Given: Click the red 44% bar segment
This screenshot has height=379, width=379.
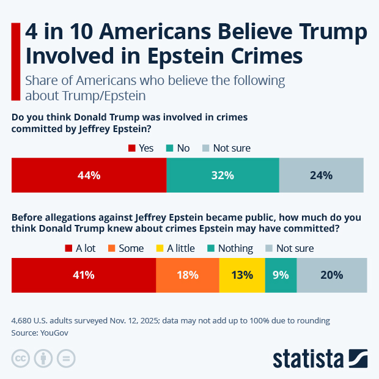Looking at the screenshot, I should point(89,175).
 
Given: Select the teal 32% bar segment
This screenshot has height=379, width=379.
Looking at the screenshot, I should point(223,175).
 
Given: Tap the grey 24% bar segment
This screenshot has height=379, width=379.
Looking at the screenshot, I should point(321,175).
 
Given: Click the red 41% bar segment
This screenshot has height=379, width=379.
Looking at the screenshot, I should point(84,275).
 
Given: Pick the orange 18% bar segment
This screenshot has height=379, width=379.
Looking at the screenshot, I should point(188,275).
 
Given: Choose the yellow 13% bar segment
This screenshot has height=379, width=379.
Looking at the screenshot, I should point(242,275).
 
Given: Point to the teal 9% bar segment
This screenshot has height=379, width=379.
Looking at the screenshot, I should point(281,275).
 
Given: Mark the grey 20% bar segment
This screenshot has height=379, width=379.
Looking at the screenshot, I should point(332,275).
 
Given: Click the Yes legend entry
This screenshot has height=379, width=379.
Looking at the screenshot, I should point(141,148).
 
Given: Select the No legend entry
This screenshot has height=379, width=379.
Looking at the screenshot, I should point(177,148).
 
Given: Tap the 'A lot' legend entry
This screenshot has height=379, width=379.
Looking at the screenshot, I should point(80,248).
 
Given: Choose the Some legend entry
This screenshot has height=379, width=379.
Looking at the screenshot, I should point(126,248).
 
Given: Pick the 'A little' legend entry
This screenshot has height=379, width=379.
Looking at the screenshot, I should point(175,248).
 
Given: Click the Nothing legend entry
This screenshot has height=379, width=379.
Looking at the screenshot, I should point(229,248).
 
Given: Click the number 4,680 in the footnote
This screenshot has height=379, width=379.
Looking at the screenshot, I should point(23,320).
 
